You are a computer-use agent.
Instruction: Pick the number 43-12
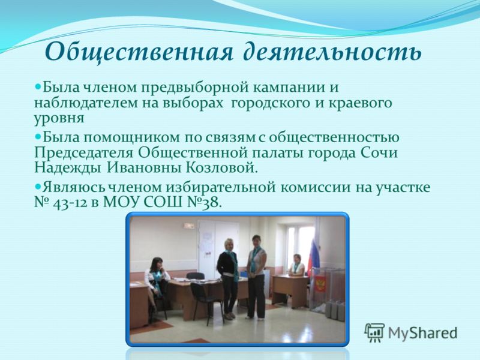pos(70,203)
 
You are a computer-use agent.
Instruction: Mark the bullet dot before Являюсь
pos(38,185)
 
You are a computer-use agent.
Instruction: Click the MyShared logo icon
pos(374,332)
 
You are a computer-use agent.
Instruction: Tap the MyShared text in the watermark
pos(422,333)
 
